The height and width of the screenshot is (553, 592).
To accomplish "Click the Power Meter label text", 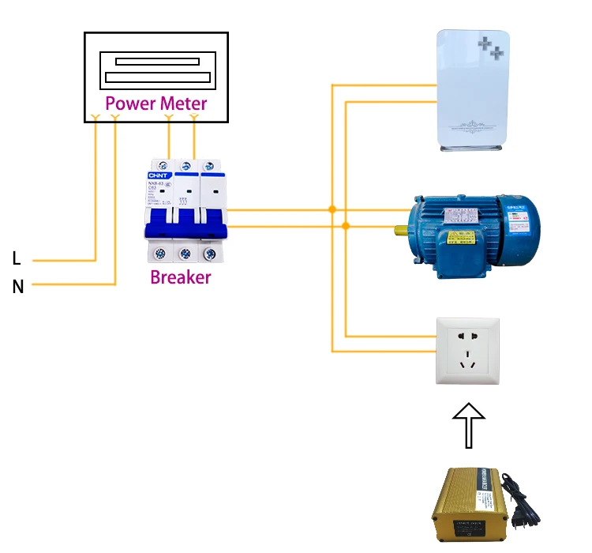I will [x=156, y=103].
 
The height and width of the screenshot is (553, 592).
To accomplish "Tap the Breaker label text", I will [x=181, y=277].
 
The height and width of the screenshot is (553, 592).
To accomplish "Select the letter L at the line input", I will [x=17, y=258].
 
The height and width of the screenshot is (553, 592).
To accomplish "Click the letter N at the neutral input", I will [x=17, y=287].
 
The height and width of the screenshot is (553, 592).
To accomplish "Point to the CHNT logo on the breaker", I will [x=155, y=175].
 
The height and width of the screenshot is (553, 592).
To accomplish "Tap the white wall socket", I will [x=468, y=351].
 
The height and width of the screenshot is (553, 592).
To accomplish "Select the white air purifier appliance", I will [x=473, y=88].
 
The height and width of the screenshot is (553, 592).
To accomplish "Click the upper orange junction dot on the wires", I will [x=332, y=210].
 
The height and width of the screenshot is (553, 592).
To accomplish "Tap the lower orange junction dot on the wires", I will [x=346, y=226].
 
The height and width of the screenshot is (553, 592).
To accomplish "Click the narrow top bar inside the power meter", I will [x=157, y=62].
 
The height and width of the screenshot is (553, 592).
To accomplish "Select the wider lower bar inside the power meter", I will [x=157, y=77].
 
